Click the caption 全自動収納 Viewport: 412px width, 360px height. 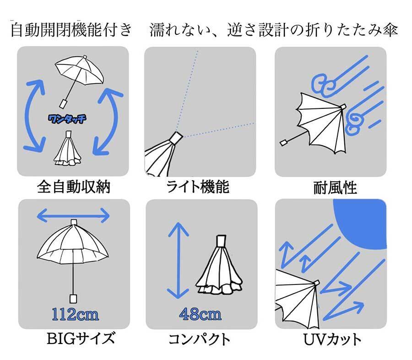click(74, 187)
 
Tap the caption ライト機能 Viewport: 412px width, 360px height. click(198, 187)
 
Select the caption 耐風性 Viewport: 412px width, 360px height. click(335, 188)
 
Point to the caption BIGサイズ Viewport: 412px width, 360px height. click(81, 339)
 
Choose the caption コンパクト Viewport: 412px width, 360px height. click(199, 339)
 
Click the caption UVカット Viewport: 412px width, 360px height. click(332, 339)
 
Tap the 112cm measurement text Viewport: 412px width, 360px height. click(75, 314)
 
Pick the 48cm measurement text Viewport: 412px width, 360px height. click(200, 314)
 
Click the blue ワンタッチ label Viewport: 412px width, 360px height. click(67, 119)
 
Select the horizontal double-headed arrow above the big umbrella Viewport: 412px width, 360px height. click(73, 216)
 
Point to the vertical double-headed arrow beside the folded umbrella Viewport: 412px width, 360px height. click(179, 260)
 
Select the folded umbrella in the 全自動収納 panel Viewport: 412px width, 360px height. click(68, 149)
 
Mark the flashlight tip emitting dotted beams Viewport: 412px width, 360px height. click(176, 138)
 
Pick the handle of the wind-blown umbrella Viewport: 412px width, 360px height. click(284, 143)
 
